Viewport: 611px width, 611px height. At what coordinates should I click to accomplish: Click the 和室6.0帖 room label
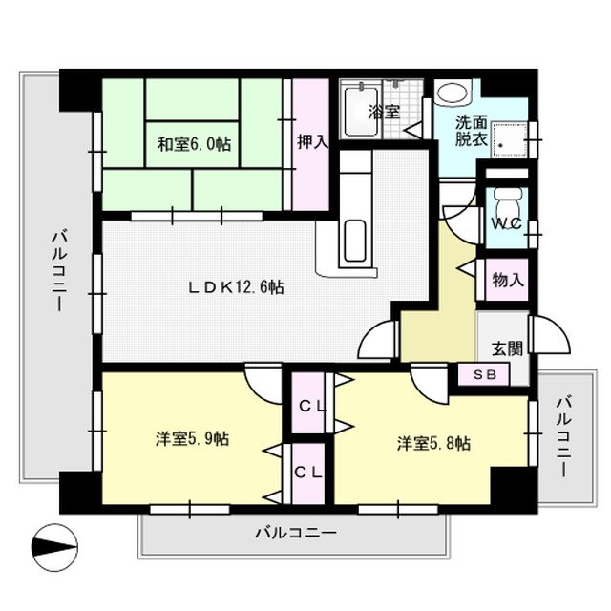point(194,144)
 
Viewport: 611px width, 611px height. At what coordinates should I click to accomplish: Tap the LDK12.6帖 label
point(236,287)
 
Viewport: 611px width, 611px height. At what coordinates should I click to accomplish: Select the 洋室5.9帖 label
point(192,439)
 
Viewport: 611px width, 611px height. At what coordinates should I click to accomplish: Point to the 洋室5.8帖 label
point(433,444)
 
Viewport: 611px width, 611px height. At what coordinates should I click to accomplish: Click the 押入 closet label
point(312,141)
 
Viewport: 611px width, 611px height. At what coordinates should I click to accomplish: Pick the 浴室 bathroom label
point(384,113)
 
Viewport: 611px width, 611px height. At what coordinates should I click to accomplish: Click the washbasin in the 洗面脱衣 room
point(453,93)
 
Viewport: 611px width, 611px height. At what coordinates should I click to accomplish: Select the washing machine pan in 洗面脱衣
point(509,139)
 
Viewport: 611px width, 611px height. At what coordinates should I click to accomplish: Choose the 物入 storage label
point(508,280)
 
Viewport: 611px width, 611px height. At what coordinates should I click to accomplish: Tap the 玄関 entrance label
point(507,348)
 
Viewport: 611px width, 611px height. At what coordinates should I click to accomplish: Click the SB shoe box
point(484,374)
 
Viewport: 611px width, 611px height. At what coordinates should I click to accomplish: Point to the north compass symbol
point(54,547)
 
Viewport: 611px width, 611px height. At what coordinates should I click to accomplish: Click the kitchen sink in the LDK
point(355,241)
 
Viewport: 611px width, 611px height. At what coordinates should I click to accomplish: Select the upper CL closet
point(308,403)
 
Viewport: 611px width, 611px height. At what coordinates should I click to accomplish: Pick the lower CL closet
point(308,474)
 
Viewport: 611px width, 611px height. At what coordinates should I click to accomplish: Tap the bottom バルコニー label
point(295,533)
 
